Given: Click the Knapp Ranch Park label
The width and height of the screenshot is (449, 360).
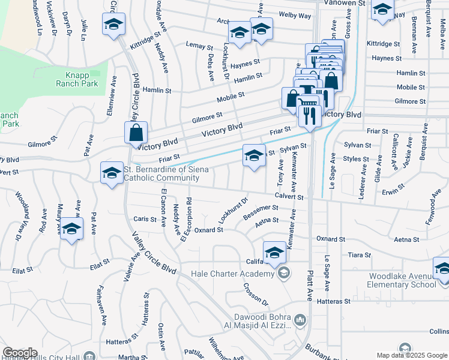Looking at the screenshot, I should [x=82, y=79].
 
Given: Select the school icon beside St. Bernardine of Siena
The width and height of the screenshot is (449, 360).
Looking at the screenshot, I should [x=111, y=173].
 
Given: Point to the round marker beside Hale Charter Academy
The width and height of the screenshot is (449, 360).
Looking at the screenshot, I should [x=283, y=274].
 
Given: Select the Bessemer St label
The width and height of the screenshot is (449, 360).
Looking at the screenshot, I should [x=261, y=210].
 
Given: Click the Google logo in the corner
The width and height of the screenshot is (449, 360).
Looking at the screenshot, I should [x=20, y=353].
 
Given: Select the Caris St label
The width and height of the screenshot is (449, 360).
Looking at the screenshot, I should [x=145, y=219].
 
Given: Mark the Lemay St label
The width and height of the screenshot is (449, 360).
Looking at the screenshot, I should [x=200, y=46].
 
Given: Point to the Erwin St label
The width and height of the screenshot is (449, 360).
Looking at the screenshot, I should [x=394, y=193].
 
